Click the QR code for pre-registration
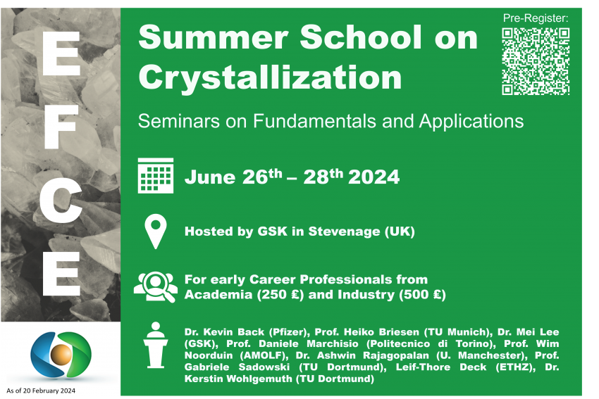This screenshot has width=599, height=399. [x=536, y=61]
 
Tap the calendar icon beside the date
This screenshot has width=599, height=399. [x=156, y=175]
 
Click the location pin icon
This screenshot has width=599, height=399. [x=156, y=232]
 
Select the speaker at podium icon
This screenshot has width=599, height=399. [x=156, y=346]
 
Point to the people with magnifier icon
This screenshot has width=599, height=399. [x=156, y=287]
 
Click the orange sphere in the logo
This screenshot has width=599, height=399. [x=61, y=354]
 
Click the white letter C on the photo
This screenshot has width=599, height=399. [x=61, y=201]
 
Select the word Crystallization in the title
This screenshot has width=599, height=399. [x=270, y=78]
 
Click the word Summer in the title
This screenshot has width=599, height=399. [x=213, y=37]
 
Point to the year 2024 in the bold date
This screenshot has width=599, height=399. [x=373, y=177]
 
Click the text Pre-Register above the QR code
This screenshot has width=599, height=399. [x=536, y=18]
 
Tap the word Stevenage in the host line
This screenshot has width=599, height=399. [x=344, y=231]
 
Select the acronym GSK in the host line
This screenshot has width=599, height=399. [x=273, y=231]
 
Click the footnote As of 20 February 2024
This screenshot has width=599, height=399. [x=41, y=391]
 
